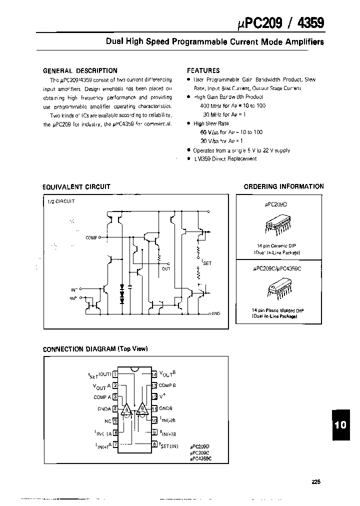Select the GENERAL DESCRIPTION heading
click(80, 70)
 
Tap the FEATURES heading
click(203, 70)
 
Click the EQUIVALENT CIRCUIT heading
click(76, 186)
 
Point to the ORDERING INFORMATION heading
click(283, 186)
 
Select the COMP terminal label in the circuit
click(91, 238)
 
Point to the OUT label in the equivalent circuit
click(166, 268)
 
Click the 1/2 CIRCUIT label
click(60, 201)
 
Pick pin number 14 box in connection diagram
click(154, 373)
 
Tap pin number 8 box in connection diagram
click(154, 443)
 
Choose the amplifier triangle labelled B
click(142, 409)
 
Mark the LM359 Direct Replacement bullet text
click(225, 158)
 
